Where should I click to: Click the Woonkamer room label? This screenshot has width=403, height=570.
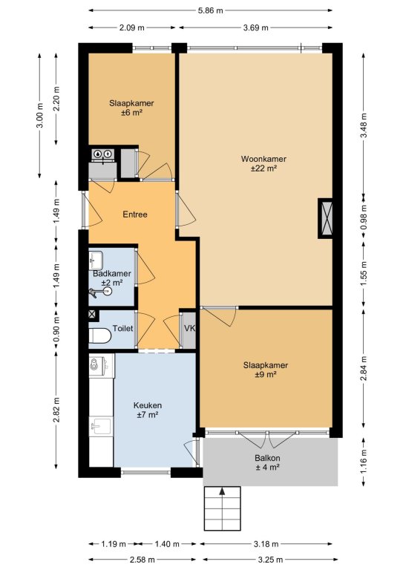click(x=263, y=159)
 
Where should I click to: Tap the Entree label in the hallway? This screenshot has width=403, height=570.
click(x=135, y=214)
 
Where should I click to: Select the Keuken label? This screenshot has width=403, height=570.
click(x=148, y=405)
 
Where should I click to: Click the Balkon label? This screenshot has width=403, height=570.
click(x=267, y=458)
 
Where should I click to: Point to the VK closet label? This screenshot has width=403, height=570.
click(x=190, y=328)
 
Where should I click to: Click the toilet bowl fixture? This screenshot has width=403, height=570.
click(x=99, y=335)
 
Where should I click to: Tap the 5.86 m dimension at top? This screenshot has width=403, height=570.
click(x=210, y=10)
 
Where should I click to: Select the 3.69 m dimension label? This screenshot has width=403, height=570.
click(x=256, y=27)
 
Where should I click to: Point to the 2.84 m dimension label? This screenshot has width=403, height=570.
click(x=364, y=368)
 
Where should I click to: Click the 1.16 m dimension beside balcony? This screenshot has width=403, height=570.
click(x=364, y=462)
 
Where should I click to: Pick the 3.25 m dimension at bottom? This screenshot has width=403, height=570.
click(x=270, y=560)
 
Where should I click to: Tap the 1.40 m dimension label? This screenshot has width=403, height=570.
click(x=167, y=544)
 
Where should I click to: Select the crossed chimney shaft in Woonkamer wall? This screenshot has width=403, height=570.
click(x=325, y=218)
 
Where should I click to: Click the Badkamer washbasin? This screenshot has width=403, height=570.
click(x=96, y=260)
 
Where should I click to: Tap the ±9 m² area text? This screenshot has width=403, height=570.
click(x=266, y=375)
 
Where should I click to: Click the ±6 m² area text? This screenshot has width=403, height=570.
click(x=131, y=113)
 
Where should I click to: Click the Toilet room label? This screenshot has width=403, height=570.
click(x=122, y=328)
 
